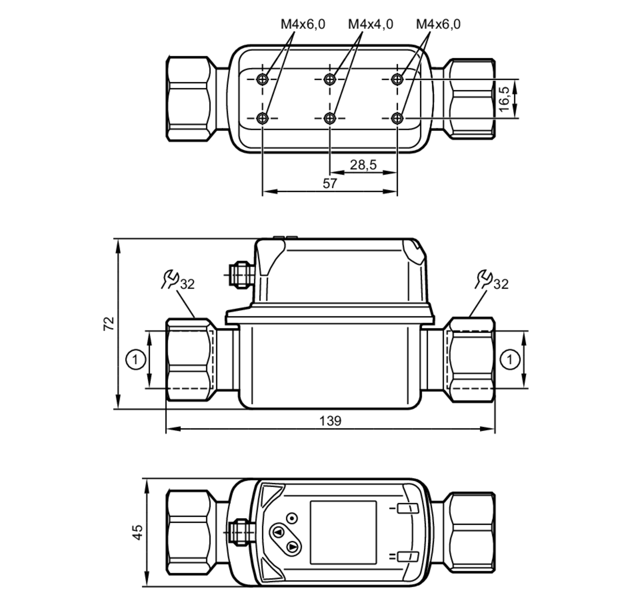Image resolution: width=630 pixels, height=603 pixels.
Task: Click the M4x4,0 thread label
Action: click(370, 24)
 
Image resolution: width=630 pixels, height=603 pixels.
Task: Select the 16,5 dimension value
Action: click(504, 99)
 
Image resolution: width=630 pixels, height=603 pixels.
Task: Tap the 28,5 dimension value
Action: click(363, 165)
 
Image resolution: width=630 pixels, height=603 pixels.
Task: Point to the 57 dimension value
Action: click(329, 183)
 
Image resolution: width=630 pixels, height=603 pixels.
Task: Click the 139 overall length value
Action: click(330, 421)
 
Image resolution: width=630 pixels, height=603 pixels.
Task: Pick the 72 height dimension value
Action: click(109, 323)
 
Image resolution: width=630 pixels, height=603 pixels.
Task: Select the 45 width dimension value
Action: click(138, 532)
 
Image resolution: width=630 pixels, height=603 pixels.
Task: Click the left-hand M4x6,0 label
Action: click(303, 24)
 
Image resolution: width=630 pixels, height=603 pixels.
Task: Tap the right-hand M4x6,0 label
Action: click(438, 24)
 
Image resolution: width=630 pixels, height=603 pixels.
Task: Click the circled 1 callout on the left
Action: click(135, 359)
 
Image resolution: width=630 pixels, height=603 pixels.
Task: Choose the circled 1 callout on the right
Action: click(510, 359)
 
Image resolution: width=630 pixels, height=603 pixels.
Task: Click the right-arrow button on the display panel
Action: click(293, 547)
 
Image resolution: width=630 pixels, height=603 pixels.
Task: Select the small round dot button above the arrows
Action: click(292, 518)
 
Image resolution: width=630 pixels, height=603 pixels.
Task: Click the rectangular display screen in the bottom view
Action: click(343, 532)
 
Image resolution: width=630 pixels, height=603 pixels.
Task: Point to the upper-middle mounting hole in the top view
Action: click(329, 79)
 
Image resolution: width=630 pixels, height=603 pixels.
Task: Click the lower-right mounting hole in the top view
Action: click(398, 118)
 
